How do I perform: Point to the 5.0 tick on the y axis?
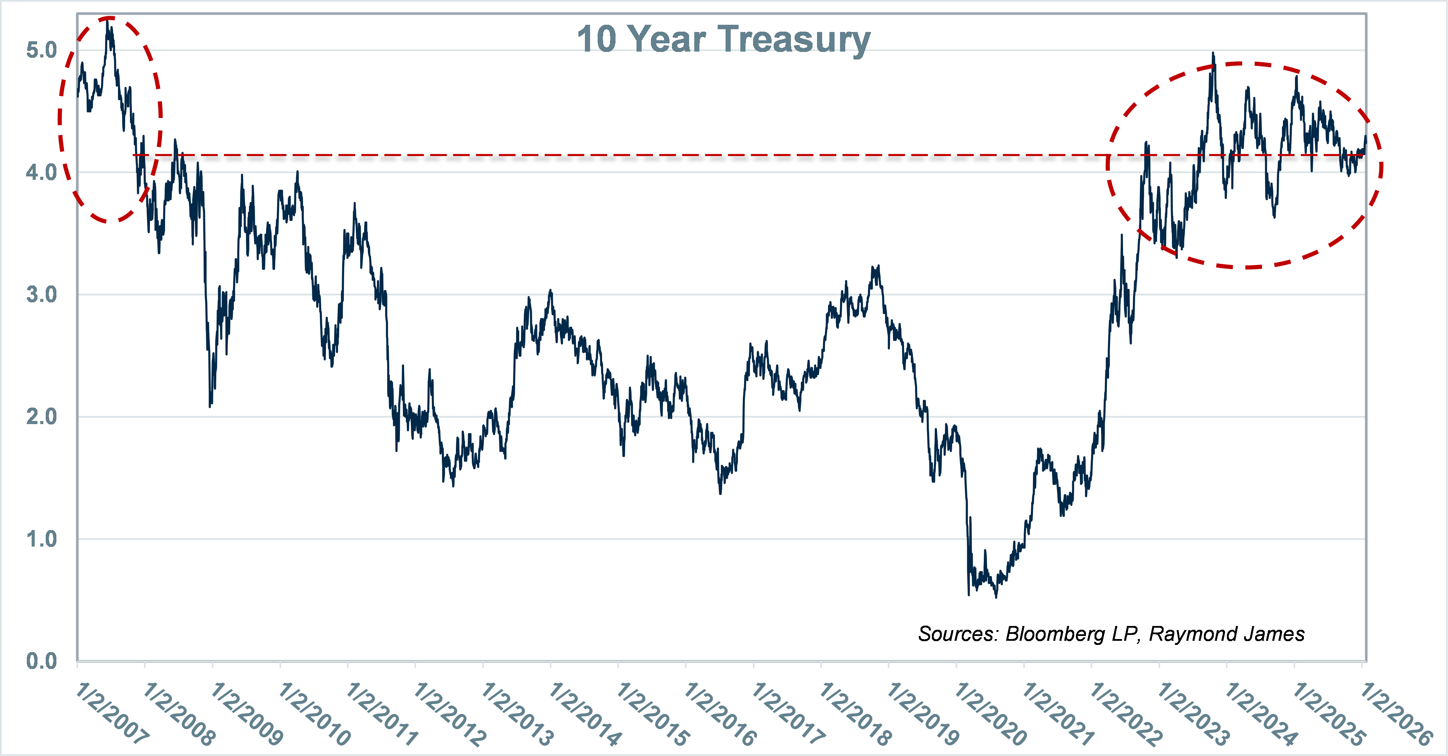42,50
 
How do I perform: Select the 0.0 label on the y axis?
42,661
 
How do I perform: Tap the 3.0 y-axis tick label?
42,294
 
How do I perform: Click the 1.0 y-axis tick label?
42,539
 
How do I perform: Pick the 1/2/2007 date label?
112,713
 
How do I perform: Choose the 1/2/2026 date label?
1396,713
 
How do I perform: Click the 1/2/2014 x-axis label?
586,713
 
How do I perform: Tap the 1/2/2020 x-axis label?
991,713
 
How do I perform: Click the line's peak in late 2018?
878,267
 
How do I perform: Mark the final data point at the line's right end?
1365,137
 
